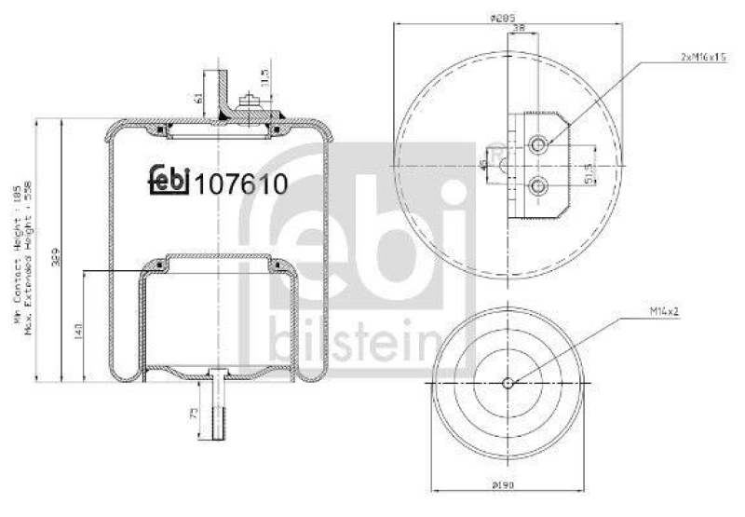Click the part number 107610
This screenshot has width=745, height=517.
240,182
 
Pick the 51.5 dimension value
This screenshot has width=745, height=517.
588,172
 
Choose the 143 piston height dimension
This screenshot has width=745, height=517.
79,331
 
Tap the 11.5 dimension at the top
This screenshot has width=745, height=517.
265,75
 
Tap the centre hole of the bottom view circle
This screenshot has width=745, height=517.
507,382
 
